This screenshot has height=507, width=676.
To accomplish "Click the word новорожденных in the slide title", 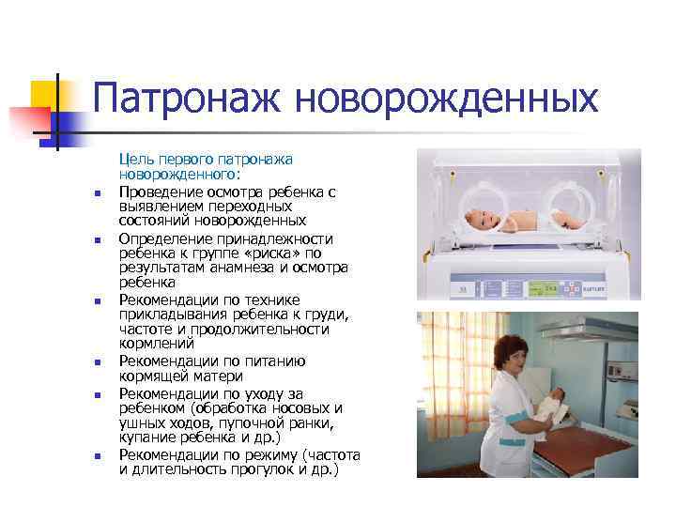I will click(x=446, y=98).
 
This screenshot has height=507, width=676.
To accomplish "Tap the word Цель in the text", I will click(x=135, y=160).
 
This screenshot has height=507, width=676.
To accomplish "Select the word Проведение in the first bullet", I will click(x=161, y=192).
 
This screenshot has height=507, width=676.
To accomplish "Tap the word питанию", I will click(x=273, y=361).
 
